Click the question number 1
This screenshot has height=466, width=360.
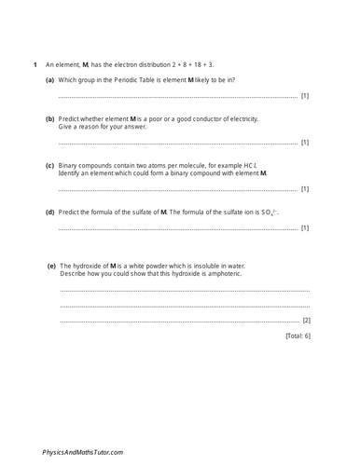[35, 64]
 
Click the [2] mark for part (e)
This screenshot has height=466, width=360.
[307, 320]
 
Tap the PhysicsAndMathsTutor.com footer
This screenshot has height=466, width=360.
[82, 452]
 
